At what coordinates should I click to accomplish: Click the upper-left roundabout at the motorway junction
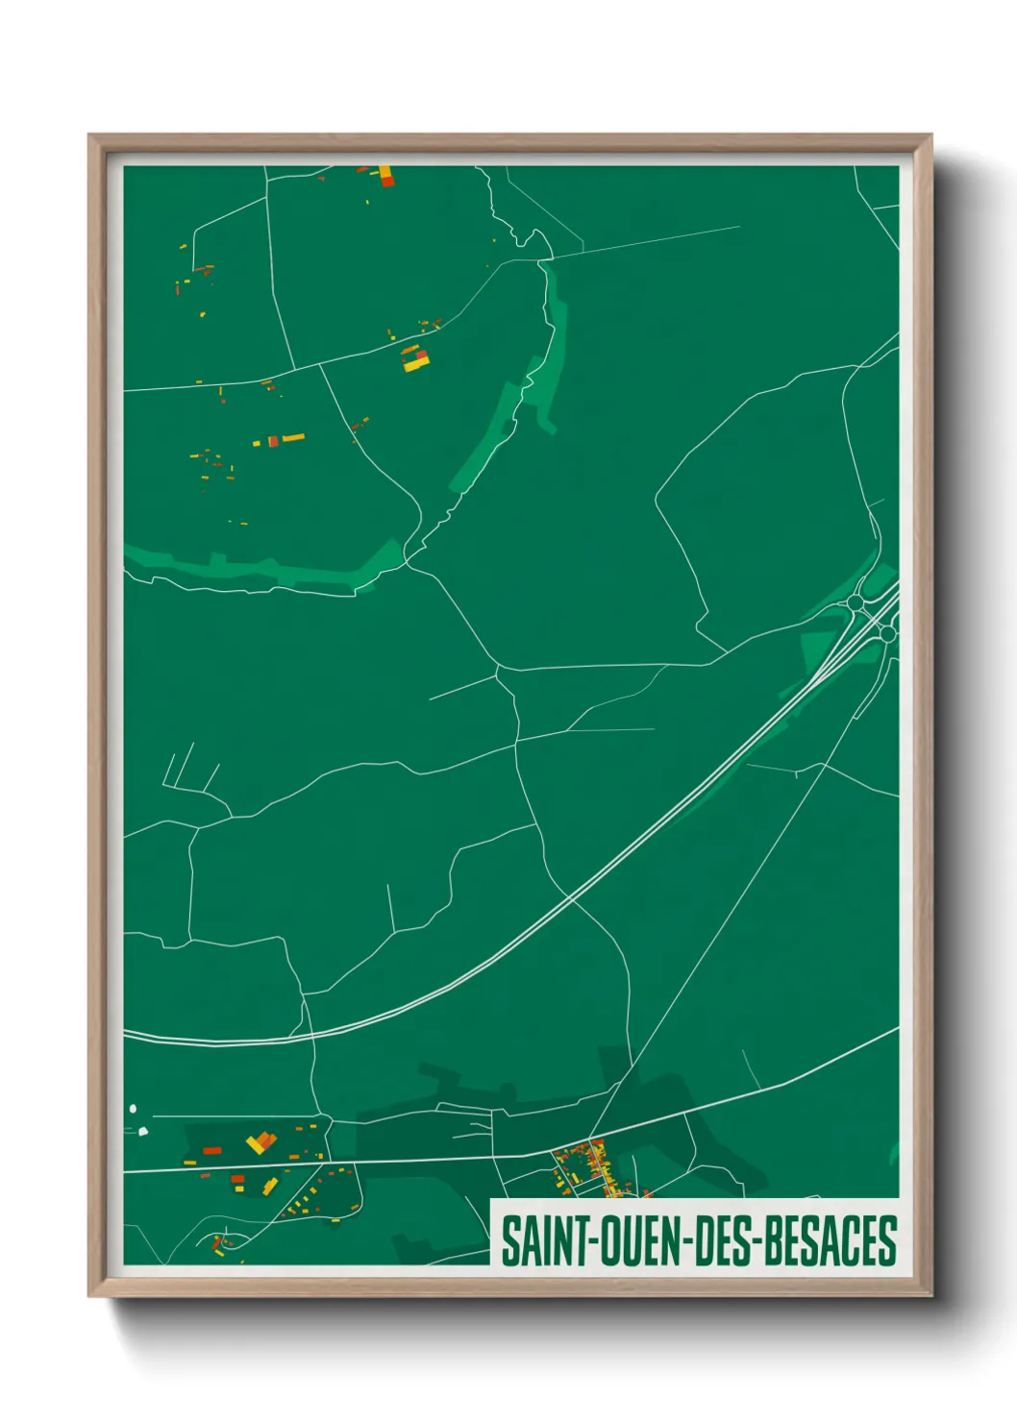pos(855,602)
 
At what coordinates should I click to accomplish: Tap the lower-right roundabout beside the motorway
pos(887,634)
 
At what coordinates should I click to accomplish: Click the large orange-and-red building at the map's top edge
pos(386,176)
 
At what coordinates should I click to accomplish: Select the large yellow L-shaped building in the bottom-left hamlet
pos(260,1142)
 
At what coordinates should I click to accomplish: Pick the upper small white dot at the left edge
pos(133,1109)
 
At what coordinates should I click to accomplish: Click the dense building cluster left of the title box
pos(586,1167)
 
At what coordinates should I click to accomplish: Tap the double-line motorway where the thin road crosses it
pos(572,898)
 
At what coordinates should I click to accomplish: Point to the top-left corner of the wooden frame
pos(89,135)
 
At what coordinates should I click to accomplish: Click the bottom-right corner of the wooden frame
pos(930,1295)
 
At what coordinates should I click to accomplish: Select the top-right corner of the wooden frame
pos(930,135)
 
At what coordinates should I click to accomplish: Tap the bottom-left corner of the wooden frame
pos(89,1295)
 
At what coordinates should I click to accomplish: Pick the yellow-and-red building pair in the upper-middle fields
pos(414,357)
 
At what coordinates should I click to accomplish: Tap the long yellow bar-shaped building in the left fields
pos(292,438)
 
